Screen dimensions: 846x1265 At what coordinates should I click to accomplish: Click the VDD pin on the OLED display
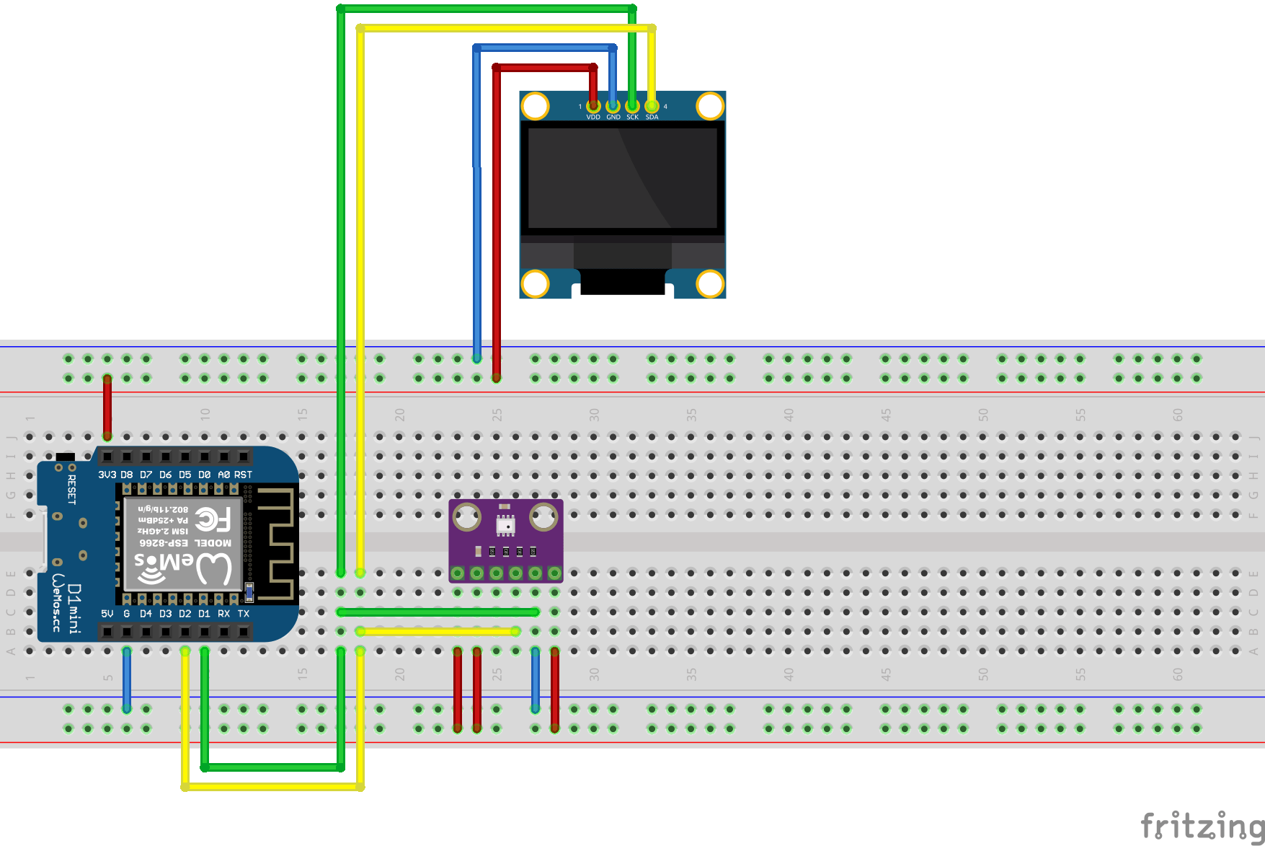point(593,107)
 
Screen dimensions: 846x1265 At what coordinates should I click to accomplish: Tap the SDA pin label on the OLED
point(652,117)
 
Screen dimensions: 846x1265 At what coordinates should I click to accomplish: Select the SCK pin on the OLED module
point(632,107)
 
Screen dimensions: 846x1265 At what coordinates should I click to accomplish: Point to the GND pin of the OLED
point(613,107)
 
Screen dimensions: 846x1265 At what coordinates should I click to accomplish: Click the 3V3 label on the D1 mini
point(107,475)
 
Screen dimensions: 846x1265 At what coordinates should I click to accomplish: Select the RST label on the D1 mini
point(243,475)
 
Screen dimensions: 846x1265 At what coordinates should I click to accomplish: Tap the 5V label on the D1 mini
point(107,614)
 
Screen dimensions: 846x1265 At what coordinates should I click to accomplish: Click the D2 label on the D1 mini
point(185,614)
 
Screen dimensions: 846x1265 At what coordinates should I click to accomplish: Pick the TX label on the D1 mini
point(243,614)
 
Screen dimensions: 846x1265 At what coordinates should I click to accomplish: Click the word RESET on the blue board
point(71,489)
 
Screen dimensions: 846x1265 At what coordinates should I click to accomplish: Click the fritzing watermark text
point(1201,825)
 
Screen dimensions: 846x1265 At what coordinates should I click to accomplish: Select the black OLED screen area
point(622,177)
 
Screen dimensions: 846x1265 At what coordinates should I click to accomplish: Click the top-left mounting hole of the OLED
point(535,106)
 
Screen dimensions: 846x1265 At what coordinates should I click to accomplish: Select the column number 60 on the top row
point(1177,415)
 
